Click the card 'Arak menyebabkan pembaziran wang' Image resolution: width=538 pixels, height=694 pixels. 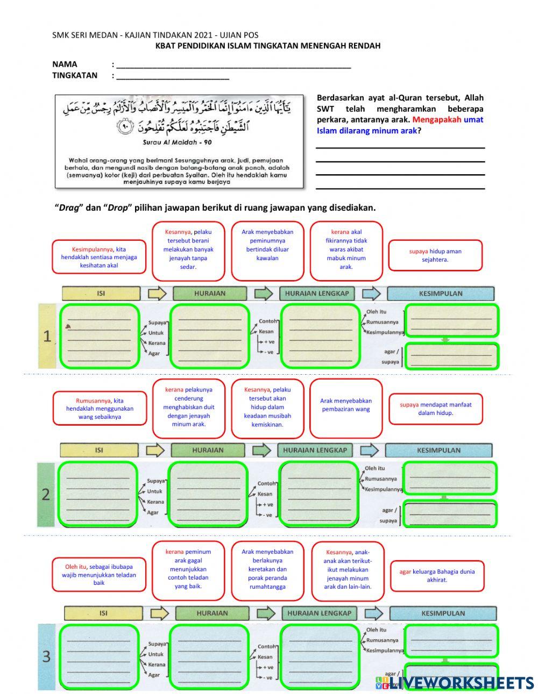(x=346, y=405)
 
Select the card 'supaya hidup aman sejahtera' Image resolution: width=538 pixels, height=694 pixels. (x=435, y=255)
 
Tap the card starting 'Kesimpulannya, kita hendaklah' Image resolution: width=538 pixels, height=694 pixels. (x=99, y=257)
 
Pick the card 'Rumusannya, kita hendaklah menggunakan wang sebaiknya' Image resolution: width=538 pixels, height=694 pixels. (x=100, y=409)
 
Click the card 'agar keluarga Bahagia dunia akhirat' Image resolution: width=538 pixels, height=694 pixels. (x=436, y=576)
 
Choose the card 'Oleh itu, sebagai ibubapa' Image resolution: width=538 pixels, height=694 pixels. (x=99, y=575)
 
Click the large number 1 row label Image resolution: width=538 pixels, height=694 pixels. (x=47, y=337)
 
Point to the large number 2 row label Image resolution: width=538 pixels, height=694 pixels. (x=46, y=494)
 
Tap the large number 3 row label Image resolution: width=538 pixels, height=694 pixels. (x=46, y=656)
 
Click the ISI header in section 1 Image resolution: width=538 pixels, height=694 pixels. (x=101, y=294)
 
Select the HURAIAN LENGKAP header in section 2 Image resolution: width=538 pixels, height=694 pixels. (x=315, y=450)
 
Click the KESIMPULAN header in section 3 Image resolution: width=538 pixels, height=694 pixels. (x=443, y=613)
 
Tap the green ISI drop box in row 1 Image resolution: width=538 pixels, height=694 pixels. (x=100, y=336)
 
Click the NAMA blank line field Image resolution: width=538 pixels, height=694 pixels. (x=233, y=65)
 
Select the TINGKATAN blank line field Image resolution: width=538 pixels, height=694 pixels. (x=173, y=76)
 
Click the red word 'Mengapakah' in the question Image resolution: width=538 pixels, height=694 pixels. (x=436, y=120)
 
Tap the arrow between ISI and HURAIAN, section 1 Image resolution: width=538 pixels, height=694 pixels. (x=157, y=294)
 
